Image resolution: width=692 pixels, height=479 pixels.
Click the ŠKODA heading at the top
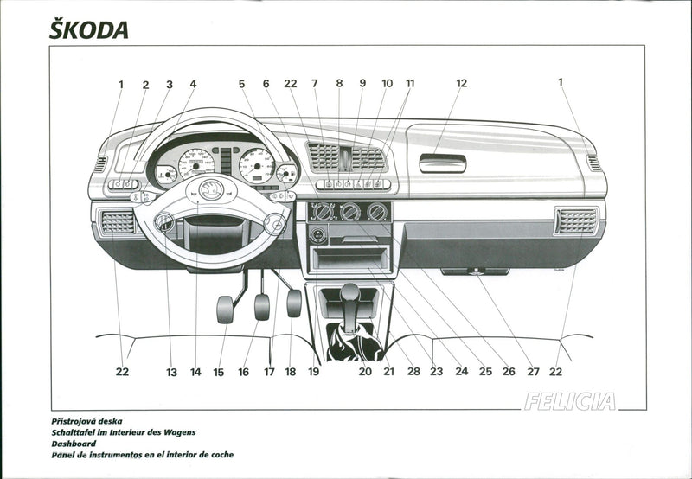click(x=89, y=29)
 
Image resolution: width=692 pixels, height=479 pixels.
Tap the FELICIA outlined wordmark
click(x=569, y=401)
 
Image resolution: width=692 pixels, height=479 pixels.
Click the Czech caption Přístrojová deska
click(x=98, y=420)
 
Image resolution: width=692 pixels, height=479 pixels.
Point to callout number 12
click(x=461, y=84)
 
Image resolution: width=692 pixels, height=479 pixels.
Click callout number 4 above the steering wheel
click(x=193, y=85)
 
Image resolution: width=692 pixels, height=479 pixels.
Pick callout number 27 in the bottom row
click(x=533, y=372)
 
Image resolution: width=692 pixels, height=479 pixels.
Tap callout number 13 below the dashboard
click(x=171, y=372)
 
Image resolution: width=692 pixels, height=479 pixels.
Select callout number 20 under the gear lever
click(x=365, y=372)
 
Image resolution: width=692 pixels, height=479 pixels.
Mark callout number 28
click(x=413, y=372)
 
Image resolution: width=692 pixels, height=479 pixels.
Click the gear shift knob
click(x=349, y=295)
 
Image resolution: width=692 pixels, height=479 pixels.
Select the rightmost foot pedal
click(x=294, y=303)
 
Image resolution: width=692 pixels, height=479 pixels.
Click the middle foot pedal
click(x=261, y=306)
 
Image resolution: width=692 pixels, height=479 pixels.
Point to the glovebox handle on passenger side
click(x=443, y=163)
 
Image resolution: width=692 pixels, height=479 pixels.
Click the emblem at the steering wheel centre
click(x=211, y=190)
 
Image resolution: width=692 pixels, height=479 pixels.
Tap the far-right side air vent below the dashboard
click(x=576, y=221)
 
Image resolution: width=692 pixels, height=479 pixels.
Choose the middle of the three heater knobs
click(x=350, y=212)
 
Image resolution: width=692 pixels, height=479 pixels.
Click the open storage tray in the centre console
click(x=349, y=259)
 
